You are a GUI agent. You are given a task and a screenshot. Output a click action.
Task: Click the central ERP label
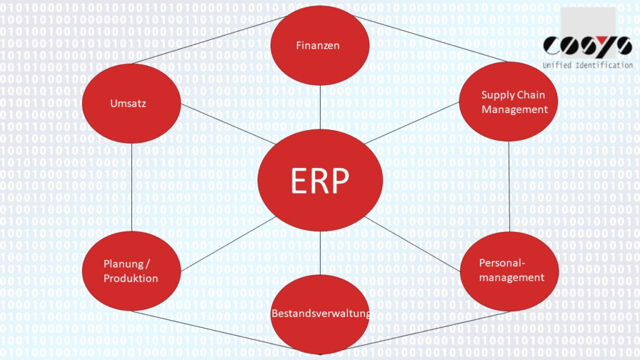click(319, 181)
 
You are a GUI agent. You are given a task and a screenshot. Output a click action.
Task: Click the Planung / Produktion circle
click(132, 271)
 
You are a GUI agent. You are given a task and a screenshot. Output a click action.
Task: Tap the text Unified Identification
click(587, 65)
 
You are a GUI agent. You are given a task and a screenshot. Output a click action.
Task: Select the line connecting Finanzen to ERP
click(319, 106)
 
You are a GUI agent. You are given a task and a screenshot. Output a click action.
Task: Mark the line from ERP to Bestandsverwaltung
click(319, 253)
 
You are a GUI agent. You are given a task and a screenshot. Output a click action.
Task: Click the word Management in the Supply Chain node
click(514, 109)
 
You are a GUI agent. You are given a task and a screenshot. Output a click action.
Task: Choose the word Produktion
click(131, 278)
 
